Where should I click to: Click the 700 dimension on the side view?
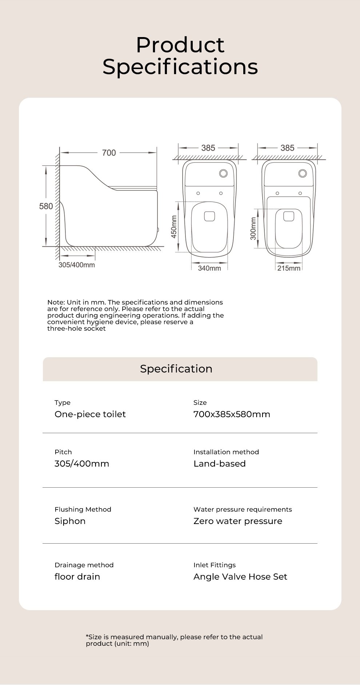[109, 153]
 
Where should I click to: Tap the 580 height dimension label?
[46, 206]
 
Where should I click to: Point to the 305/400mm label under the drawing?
[77, 265]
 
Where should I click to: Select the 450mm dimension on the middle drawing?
[174, 227]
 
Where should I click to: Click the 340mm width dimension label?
[209, 268]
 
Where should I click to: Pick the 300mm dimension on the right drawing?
[253, 228]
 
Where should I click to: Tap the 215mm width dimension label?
[289, 268]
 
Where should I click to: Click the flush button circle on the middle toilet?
[223, 173]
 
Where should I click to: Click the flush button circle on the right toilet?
[303, 173]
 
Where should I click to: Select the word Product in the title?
[180, 45]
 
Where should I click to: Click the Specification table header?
[176, 369]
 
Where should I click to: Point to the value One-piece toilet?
[90, 414]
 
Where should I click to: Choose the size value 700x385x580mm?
[232, 414]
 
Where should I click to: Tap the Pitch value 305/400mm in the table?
[82, 464]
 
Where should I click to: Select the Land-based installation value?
[220, 464]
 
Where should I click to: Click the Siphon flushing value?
[70, 521]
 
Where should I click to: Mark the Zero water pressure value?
[238, 521]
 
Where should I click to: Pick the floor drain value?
[77, 577]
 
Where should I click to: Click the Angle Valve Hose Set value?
[240, 577]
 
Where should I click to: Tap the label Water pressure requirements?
[243, 509]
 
